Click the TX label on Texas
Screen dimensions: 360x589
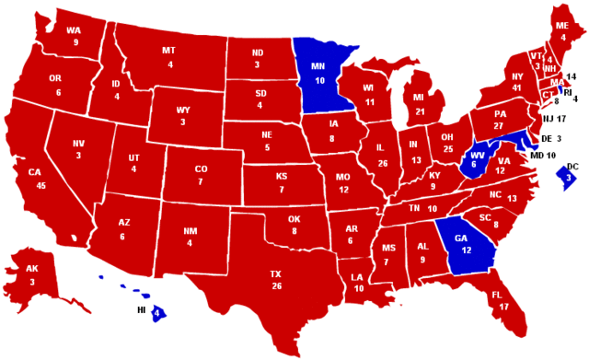point(275,274)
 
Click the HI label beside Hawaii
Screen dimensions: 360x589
point(141,312)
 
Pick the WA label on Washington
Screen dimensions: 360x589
point(74,29)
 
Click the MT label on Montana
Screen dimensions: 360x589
point(168,50)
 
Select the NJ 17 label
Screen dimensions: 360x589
point(553,119)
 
